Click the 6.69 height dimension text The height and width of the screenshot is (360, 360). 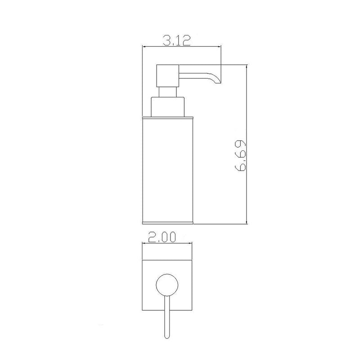click(239, 156)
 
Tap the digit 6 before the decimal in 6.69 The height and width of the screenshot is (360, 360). click(239, 167)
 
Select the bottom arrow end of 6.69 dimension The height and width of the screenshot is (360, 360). click(247, 222)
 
